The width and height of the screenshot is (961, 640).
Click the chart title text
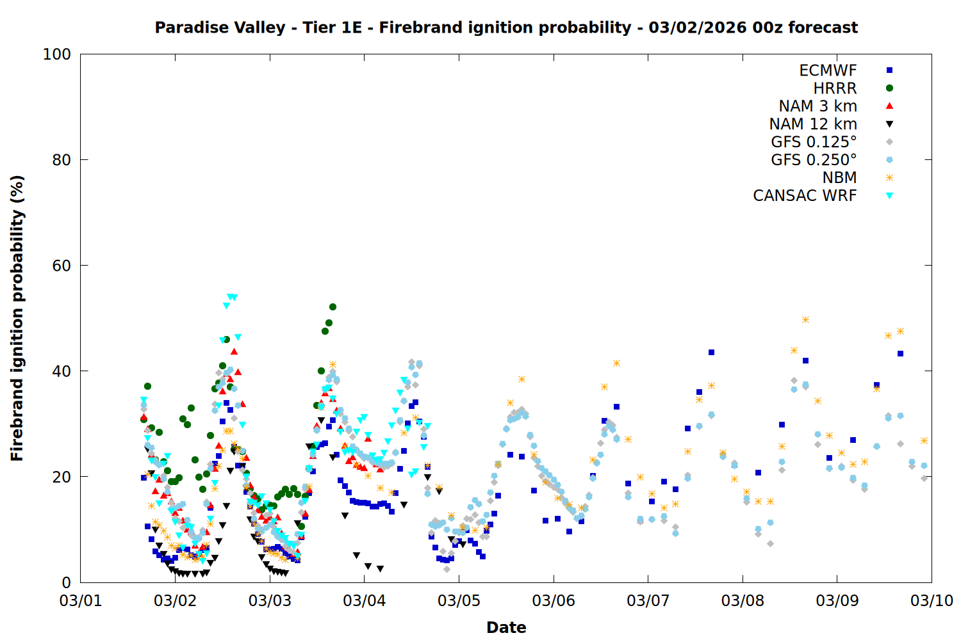(x=506, y=28)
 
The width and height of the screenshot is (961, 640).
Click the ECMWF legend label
(x=828, y=70)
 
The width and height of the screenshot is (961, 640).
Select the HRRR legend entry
(x=835, y=88)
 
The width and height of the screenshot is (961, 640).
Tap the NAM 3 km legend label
(x=817, y=106)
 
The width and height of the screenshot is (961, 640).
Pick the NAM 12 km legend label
(x=813, y=124)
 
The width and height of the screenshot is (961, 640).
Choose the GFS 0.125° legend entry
(x=814, y=142)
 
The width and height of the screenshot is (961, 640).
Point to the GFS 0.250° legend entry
(x=814, y=160)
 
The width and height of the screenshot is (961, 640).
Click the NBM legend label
(x=839, y=178)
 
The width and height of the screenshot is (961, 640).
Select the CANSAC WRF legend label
(x=805, y=196)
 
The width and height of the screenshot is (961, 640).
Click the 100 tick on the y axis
(x=57, y=54)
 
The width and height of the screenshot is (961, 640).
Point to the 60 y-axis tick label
(x=62, y=266)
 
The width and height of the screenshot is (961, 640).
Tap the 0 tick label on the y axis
(x=66, y=582)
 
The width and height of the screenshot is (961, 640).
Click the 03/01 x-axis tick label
(x=81, y=601)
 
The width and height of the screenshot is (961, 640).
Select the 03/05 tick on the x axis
(x=459, y=601)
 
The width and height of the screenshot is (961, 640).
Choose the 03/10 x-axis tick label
(x=932, y=601)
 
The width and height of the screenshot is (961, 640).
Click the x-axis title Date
(x=506, y=627)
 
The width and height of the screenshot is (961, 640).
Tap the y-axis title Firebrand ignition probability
(x=17, y=318)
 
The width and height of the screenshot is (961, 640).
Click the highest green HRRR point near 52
(x=333, y=307)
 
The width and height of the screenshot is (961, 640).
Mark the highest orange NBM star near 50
(x=805, y=319)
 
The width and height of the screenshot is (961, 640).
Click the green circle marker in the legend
(x=889, y=88)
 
